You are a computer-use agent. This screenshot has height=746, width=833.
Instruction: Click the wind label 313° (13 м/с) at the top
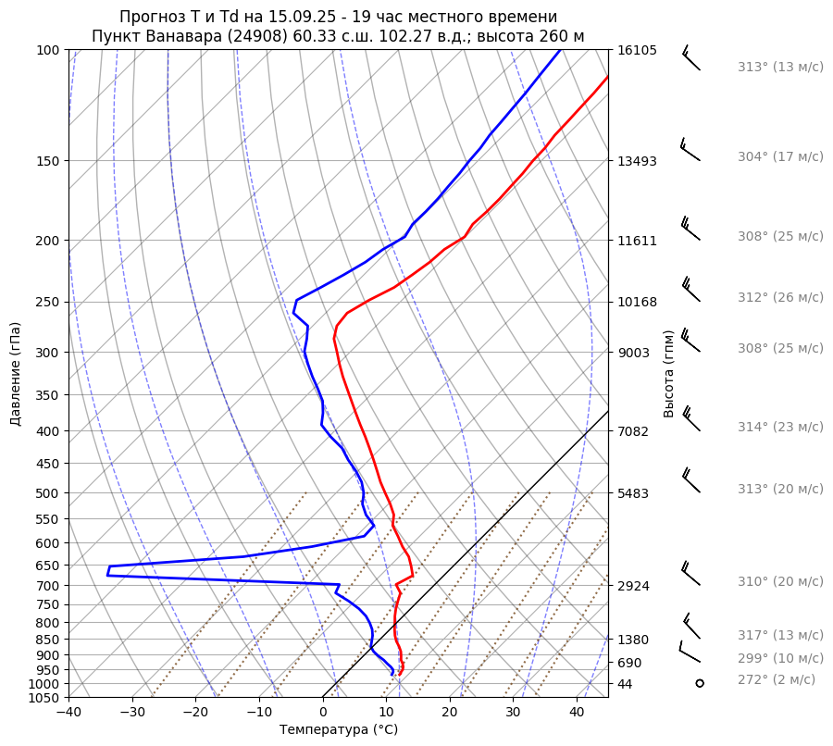pyautogui.click(x=780, y=67)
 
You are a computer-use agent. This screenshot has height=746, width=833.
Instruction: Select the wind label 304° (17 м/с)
pyautogui.click(x=780, y=156)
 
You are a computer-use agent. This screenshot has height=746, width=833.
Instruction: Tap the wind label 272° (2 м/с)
pyautogui.click(x=777, y=679)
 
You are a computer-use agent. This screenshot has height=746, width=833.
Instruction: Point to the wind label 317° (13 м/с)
pyautogui.click(x=780, y=635)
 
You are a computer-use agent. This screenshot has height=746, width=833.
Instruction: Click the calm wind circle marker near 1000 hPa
pyautogui.click(x=700, y=683)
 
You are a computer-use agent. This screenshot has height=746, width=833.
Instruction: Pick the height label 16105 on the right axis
pyautogui.click(x=637, y=50)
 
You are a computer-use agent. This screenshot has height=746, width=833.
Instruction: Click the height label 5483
pyautogui.click(x=633, y=493)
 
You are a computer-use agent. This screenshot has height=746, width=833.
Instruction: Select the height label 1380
pyautogui.click(x=633, y=640)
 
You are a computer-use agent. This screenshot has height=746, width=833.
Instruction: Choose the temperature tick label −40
pyautogui.click(x=68, y=713)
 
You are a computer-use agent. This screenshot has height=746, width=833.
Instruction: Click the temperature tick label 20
pyautogui.click(x=450, y=713)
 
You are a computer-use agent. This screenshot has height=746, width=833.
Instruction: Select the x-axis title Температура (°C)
pyautogui.click(x=339, y=730)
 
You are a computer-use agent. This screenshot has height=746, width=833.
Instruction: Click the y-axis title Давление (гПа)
pyautogui.click(x=16, y=374)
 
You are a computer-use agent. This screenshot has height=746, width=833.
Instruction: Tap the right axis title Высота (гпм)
pyautogui.click(x=668, y=373)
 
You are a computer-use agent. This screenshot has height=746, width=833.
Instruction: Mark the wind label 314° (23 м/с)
pyautogui.click(x=780, y=427)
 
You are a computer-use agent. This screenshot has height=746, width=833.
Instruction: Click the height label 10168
pyautogui.click(x=637, y=302)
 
